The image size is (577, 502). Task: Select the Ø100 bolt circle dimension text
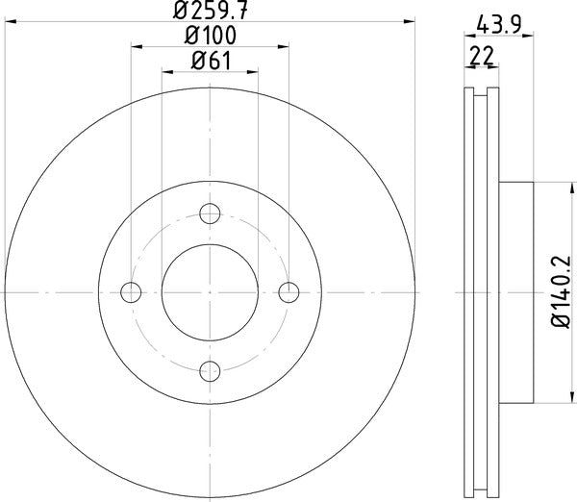pos(211,36)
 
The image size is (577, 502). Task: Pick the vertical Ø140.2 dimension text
pos(562,291)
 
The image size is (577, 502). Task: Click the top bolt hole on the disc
pos(211,213)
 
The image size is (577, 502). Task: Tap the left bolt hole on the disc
pos(133,290)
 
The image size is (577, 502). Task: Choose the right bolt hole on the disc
pos(288,290)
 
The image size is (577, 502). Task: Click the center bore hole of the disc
pos(211,290)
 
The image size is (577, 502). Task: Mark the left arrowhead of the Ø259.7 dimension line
pos(9,21)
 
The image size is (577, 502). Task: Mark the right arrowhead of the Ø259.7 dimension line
pos(413,21)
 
